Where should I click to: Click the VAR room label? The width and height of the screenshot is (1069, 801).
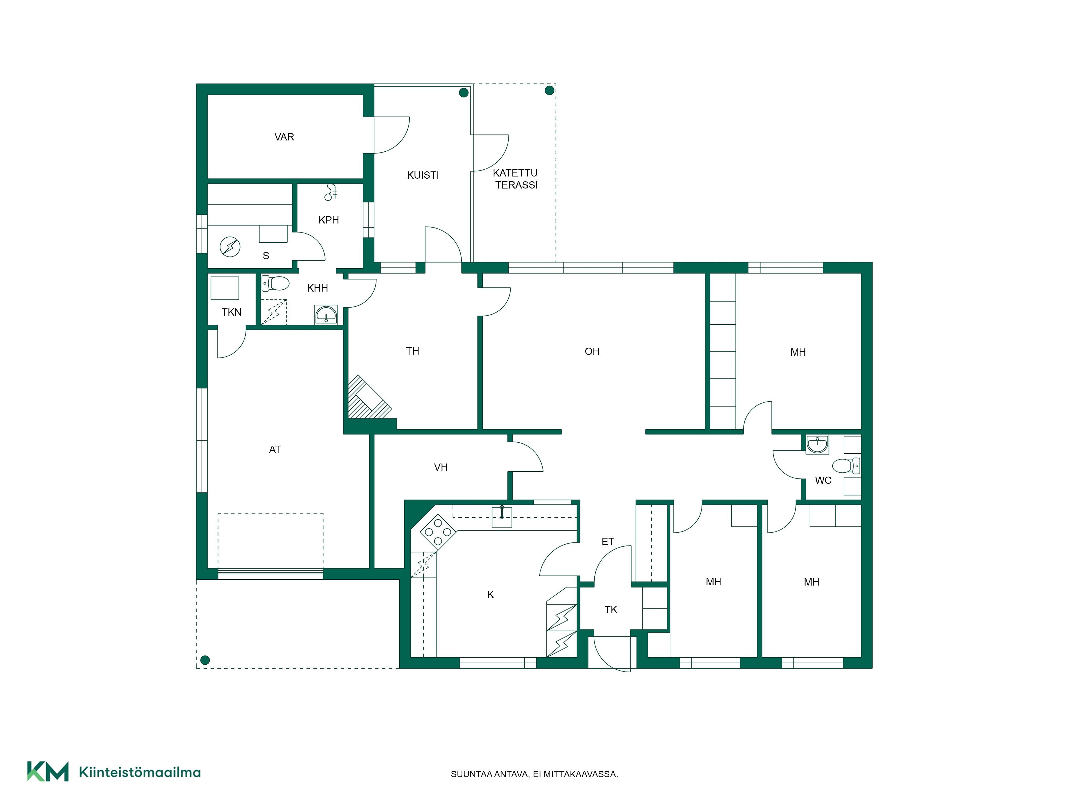point(284,137)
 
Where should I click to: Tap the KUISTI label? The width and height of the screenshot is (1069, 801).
point(423,175)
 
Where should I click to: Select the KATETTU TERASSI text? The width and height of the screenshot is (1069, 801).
point(516,179)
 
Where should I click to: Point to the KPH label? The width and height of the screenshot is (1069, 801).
point(329,220)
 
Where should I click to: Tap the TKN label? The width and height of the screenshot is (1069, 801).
point(231,312)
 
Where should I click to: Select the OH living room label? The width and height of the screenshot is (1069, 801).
point(592,351)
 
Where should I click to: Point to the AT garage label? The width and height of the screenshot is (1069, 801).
point(275,450)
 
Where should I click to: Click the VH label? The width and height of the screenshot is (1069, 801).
point(441,467)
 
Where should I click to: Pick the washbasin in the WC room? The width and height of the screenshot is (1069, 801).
point(817,444)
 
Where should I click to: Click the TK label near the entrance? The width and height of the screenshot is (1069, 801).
point(611,610)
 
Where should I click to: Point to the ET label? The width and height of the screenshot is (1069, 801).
point(608,542)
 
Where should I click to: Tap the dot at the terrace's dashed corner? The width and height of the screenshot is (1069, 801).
point(549,90)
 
